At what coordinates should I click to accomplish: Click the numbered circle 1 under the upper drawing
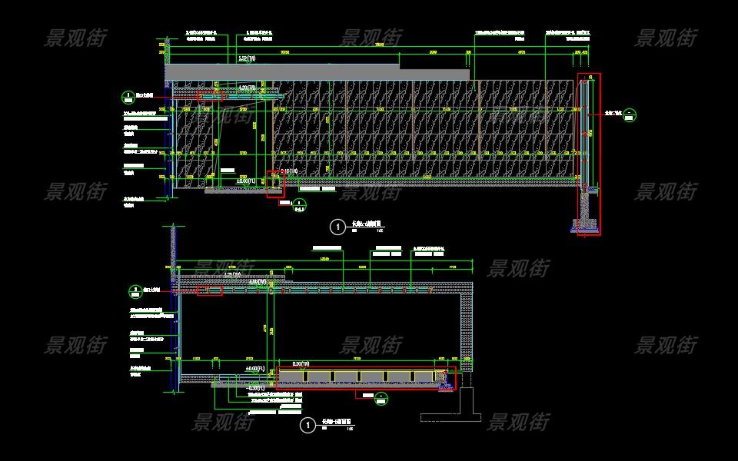point(337,227)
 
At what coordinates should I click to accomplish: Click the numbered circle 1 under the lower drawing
point(307,425)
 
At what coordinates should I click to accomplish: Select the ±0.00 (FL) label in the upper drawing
point(246,181)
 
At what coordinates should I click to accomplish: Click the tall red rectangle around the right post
point(590,154)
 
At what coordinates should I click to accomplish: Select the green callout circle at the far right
point(630,115)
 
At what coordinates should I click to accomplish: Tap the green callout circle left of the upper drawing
point(128,97)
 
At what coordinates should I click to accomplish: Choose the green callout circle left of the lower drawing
point(135,291)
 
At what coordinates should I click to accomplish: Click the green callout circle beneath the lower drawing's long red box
point(381,397)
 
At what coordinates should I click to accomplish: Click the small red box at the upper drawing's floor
point(275,184)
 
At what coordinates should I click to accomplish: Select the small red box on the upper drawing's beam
point(210,96)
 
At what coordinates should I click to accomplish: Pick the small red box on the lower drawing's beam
point(210,290)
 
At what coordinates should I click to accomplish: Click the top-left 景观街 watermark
point(76,38)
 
